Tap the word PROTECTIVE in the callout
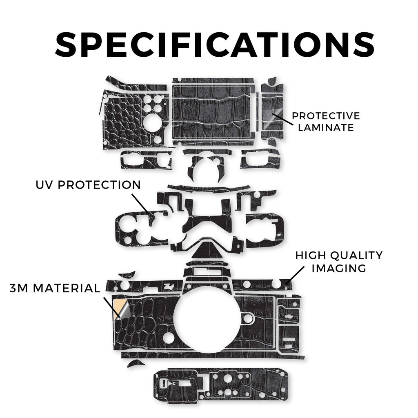click(326, 116)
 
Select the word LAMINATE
click(326, 128)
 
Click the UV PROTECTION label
click(88, 185)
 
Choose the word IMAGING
click(339, 268)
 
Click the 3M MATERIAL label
click(55, 288)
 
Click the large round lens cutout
click(207, 318)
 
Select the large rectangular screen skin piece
click(212, 112)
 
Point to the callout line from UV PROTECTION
click(141, 203)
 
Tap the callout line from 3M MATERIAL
click(112, 307)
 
